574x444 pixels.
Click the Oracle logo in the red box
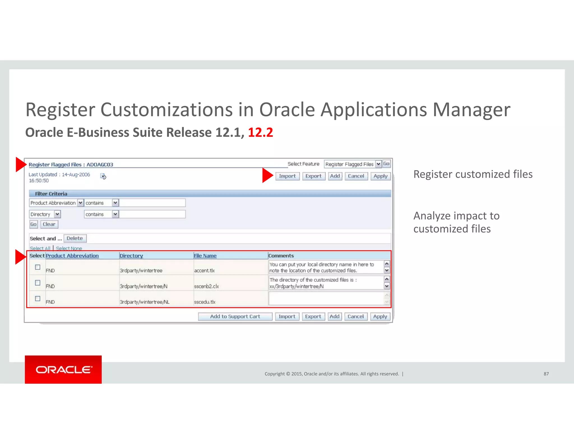click(63, 369)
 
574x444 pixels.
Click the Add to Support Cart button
click(235, 317)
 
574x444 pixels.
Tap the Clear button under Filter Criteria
click(49, 224)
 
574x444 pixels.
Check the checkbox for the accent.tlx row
click(38, 267)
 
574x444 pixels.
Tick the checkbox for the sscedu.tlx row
click(38, 299)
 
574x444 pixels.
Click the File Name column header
click(205, 256)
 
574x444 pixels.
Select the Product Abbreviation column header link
click(72, 256)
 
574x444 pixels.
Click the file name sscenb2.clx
click(206, 286)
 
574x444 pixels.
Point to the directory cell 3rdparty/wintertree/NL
click(144, 302)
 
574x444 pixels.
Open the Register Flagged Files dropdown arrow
click(378, 164)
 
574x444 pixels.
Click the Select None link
click(69, 248)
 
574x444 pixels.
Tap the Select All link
click(40, 248)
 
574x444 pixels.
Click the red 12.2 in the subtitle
click(260, 132)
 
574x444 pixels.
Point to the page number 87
click(546, 374)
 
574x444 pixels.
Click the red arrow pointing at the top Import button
click(267, 176)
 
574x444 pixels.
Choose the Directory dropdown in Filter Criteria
click(45, 214)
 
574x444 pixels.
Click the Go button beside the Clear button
click(33, 224)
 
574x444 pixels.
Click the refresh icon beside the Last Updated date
click(103, 176)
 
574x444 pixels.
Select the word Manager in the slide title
click(471, 110)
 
